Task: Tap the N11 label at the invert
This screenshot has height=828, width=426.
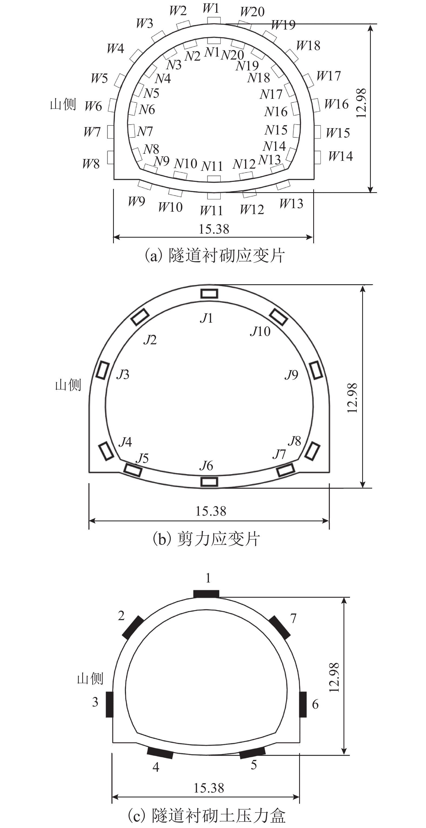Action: coord(212,166)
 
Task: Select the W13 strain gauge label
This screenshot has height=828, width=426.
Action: coord(291,204)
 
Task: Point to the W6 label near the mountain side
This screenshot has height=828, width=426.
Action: coord(93,106)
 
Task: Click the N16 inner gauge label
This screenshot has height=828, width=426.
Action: coord(276,112)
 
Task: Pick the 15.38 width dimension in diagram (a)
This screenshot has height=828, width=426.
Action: coord(214,229)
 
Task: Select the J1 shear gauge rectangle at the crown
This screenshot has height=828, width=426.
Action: coord(209,293)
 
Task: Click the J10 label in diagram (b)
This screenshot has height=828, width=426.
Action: coord(260,331)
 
